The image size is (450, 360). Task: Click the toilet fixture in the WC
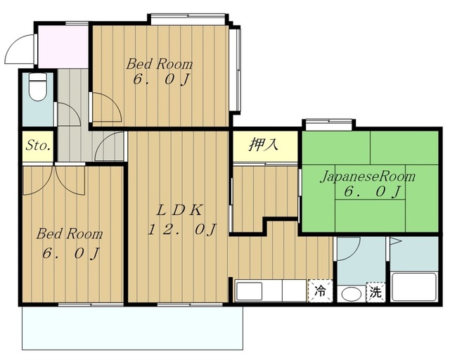[x=38, y=87]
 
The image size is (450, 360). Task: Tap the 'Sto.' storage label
[x=38, y=146]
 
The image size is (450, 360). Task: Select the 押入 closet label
[x=264, y=144]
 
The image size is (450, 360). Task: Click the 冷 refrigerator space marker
[x=320, y=291]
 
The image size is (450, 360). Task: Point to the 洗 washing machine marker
[x=375, y=292]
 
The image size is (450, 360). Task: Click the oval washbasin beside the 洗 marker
[x=352, y=295]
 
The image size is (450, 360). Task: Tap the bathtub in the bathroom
[x=414, y=287]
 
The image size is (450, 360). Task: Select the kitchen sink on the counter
[x=249, y=291]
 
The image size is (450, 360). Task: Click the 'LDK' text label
[x=179, y=211]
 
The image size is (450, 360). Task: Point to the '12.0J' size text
[x=181, y=230]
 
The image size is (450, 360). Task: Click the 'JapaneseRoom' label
[x=368, y=176]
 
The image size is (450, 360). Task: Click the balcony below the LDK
[x=133, y=328]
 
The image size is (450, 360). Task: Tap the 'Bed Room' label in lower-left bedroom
[x=70, y=234]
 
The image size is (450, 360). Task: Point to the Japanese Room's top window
[x=329, y=122]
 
